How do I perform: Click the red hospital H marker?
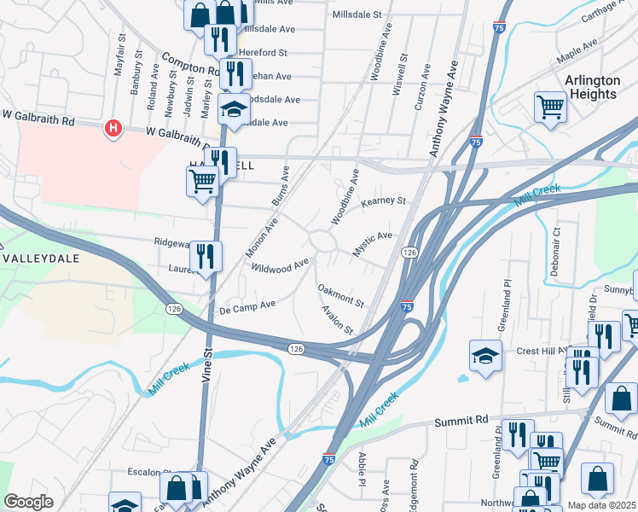tap(113, 130)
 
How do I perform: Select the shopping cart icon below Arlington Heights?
tap(550, 108)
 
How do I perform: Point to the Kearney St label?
tap(383, 202)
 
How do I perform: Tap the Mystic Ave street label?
tap(373, 242)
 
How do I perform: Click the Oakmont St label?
tap(341, 296)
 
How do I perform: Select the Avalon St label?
tap(337, 321)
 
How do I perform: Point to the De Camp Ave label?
tap(247, 305)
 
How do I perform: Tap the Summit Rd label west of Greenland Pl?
tap(461, 421)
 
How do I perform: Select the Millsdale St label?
tap(357, 15)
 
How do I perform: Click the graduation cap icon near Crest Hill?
tap(485, 355)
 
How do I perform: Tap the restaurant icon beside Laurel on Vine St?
tap(206, 257)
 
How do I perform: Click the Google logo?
tap(28, 502)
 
